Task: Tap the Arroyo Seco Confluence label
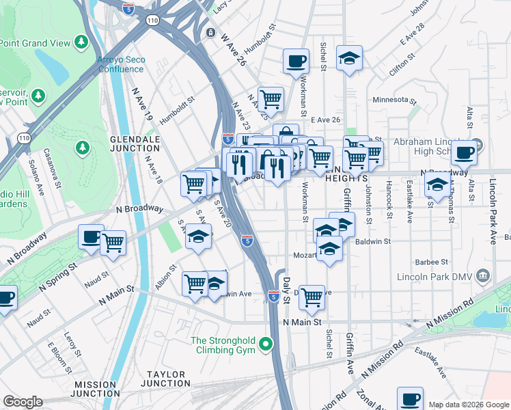122,64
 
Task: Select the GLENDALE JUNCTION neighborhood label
135,144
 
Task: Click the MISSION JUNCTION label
94,390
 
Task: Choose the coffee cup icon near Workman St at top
296,61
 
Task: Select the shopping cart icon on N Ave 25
271,98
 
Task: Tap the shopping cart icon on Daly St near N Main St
312,297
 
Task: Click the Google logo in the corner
23,402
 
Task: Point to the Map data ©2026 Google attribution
468,405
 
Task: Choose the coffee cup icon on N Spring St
91,237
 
